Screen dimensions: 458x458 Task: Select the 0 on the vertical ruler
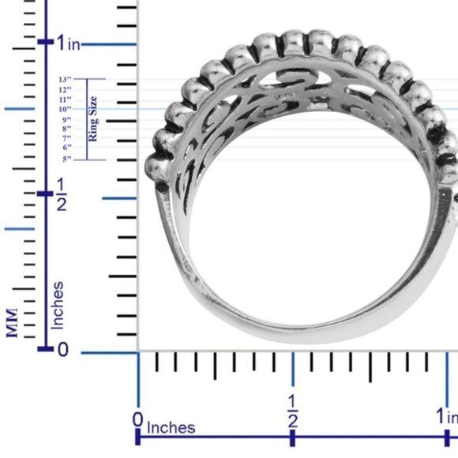[x=63, y=350]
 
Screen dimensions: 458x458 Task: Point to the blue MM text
[x=13, y=323]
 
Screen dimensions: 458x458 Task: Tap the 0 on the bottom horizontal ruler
[x=137, y=419]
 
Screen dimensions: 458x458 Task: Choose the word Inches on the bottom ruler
[x=171, y=427]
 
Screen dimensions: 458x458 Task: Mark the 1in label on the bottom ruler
[x=447, y=415]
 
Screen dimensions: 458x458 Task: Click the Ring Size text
[x=93, y=118]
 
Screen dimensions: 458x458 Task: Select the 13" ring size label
[x=65, y=80]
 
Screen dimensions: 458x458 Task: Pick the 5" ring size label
[x=67, y=159]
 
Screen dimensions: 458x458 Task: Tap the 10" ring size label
[x=65, y=109]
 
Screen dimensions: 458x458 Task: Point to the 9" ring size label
[x=66, y=119]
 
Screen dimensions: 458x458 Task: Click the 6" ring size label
[x=67, y=147]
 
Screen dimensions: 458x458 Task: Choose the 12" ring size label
[x=65, y=90]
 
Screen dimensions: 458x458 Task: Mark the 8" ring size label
[x=66, y=129]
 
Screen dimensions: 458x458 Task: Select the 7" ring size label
[x=66, y=138]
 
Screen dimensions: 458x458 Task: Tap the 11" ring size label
[x=65, y=99]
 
